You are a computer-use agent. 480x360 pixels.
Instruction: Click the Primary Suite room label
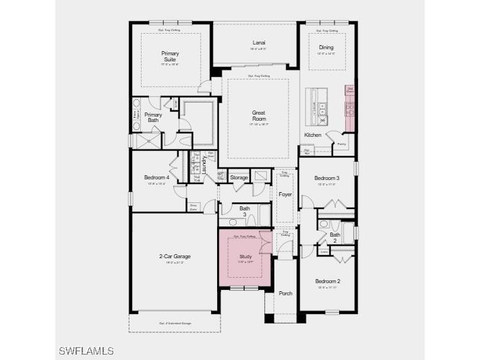[169, 56]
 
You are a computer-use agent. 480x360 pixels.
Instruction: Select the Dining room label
[326, 47]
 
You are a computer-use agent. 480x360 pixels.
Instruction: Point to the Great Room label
[259, 116]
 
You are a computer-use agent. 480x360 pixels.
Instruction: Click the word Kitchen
[313, 135]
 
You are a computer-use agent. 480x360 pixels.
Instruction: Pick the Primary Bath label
[153, 117]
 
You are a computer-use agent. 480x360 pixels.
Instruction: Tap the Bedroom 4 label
[156, 177]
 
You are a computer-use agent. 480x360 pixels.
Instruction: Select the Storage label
[239, 178]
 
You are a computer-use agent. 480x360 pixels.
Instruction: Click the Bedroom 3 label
[327, 178]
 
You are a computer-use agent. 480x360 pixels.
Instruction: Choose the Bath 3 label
[245, 211]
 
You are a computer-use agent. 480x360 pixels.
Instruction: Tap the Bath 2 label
[335, 237]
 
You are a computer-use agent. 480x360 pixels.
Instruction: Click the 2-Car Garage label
[175, 256]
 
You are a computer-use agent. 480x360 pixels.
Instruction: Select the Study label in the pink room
[245, 257]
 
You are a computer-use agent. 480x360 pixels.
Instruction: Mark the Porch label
[285, 293]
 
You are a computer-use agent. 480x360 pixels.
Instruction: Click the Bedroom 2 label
[328, 281]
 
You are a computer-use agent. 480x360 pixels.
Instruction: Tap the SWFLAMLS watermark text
[86, 351]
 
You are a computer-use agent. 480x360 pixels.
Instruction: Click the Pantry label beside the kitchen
[341, 144]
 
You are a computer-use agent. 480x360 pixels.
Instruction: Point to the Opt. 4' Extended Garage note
[175, 324]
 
